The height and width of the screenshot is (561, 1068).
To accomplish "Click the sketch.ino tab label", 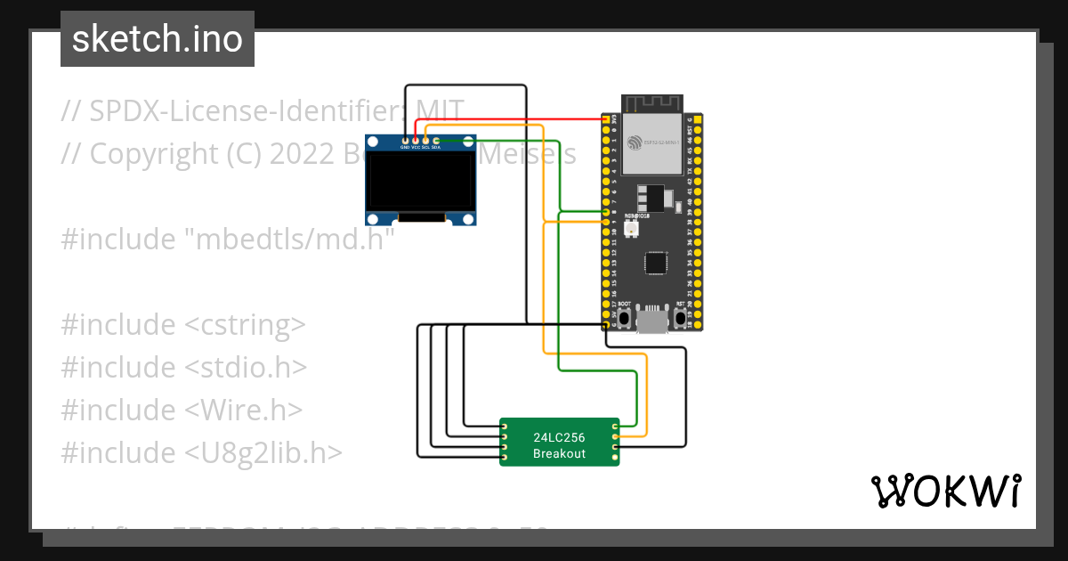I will click(x=157, y=39).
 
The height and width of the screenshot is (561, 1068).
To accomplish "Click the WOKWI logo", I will click(x=944, y=491).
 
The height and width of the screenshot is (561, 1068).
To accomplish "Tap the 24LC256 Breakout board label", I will click(x=559, y=445).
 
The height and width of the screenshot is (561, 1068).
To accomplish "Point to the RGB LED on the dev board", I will click(x=632, y=230).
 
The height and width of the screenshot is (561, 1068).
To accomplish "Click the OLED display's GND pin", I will click(x=405, y=141).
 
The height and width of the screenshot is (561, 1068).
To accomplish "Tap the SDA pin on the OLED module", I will click(x=436, y=141).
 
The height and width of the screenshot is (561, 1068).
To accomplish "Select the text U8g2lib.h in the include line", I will click(x=263, y=452).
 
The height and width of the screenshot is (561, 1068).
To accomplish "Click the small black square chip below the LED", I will click(x=656, y=263).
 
